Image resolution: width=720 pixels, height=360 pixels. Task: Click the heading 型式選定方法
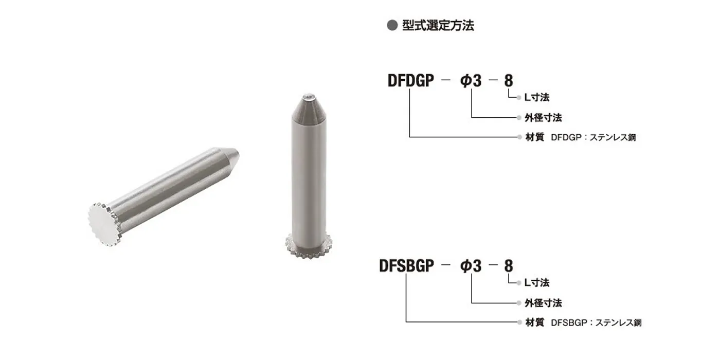click(438, 25)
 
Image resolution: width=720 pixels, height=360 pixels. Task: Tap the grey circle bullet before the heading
click(392, 25)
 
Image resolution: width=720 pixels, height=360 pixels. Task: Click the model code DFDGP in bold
click(411, 80)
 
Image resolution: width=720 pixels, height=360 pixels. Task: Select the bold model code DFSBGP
click(407, 266)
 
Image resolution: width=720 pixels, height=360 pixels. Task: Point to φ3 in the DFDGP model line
click(471, 80)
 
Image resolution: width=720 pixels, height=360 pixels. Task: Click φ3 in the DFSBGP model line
click(471, 266)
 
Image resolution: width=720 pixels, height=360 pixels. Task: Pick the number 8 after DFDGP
click(509, 80)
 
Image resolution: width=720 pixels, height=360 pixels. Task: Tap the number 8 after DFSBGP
click(509, 266)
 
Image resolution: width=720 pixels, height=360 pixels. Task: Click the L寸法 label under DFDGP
click(537, 97)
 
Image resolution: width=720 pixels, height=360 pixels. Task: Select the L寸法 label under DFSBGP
click(537, 282)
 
